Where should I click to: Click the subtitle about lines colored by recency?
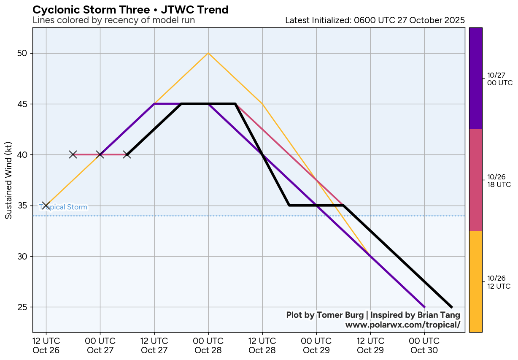click(113, 20)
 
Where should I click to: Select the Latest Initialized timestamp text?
click(375, 20)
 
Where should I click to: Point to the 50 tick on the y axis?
click(22, 53)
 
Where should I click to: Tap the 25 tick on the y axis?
click(22, 307)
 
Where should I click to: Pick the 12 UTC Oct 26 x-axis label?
click(46, 345)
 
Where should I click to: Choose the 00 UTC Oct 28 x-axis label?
click(208, 345)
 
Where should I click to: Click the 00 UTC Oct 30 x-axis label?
click(424, 345)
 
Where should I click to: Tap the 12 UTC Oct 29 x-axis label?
click(370, 345)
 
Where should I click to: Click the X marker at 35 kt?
click(46, 206)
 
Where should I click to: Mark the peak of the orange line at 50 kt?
click(208, 53)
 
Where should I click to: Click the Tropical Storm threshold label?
click(63, 207)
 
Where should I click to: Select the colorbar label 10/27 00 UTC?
click(499, 79)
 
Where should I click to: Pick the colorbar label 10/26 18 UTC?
click(499, 181)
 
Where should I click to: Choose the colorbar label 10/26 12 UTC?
click(499, 282)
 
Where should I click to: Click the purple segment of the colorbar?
click(476, 78)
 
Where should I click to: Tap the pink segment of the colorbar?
click(476, 180)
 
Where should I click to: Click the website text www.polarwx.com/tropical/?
click(402, 325)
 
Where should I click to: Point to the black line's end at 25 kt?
click(451, 307)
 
